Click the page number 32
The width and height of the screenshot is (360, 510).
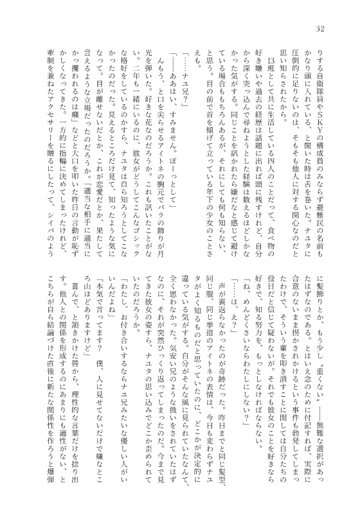[321, 30]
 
